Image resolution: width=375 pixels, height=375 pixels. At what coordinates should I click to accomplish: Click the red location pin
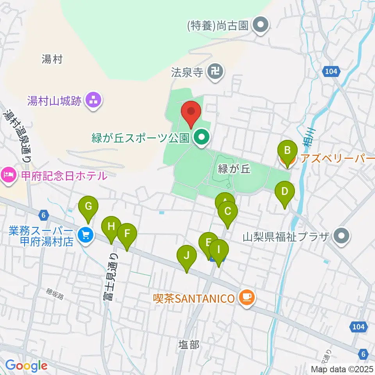(191, 112)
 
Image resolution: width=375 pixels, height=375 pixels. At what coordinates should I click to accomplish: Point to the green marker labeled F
(127, 234)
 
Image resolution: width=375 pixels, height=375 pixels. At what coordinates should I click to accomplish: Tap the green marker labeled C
(228, 212)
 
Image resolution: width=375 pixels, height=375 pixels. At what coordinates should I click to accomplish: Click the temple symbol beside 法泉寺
(215, 71)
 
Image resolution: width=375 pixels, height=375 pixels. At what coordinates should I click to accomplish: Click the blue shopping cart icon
(86, 235)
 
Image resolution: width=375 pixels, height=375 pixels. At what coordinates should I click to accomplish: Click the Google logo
(26, 366)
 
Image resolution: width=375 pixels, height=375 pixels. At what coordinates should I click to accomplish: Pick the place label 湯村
(52, 59)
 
